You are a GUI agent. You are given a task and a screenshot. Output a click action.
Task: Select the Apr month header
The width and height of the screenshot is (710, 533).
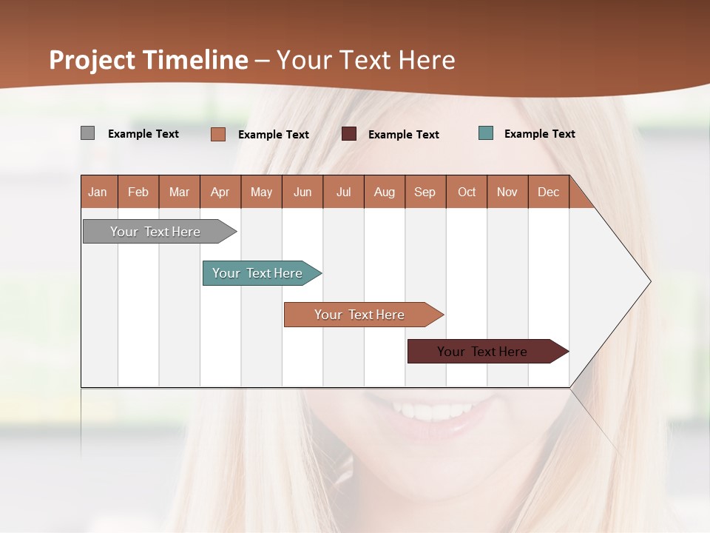pyautogui.click(x=220, y=192)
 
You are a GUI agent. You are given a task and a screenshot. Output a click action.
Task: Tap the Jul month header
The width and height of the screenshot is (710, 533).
pyautogui.click(x=343, y=192)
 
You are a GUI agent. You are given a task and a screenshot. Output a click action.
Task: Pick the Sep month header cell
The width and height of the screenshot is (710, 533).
pyautogui.click(x=425, y=192)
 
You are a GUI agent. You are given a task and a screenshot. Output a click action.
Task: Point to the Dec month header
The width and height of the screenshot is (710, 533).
pyautogui.click(x=548, y=192)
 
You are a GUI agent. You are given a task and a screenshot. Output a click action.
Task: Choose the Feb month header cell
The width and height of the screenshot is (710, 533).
pyautogui.click(x=138, y=192)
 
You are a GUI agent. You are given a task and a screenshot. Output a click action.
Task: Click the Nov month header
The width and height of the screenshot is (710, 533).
pyautogui.click(x=507, y=192)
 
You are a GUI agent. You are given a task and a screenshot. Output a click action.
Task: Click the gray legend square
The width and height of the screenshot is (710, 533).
pyautogui.click(x=87, y=133)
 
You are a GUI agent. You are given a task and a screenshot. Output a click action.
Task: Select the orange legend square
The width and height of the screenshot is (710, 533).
pyautogui.click(x=217, y=134)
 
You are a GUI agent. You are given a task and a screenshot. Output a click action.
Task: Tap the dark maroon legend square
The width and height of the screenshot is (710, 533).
pyautogui.click(x=349, y=133)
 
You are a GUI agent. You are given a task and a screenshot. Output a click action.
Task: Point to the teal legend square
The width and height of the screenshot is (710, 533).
pyautogui.click(x=486, y=133)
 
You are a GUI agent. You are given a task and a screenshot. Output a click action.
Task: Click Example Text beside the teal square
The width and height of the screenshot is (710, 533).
pyautogui.click(x=539, y=134)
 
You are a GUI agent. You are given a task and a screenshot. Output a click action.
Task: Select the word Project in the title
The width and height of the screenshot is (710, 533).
pyautogui.click(x=92, y=60)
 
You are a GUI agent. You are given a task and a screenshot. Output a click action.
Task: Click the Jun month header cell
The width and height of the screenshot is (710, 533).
pyautogui.click(x=302, y=192)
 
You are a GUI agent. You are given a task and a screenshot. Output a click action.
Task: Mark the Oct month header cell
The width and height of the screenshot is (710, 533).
pyautogui.click(x=467, y=192)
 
